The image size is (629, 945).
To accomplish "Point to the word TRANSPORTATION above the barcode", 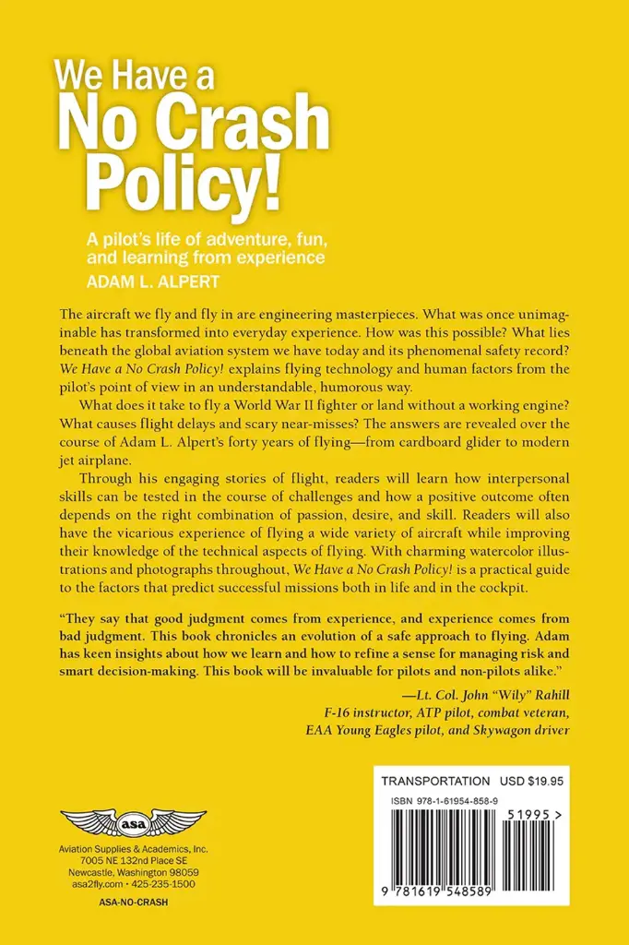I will click(x=435, y=781).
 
